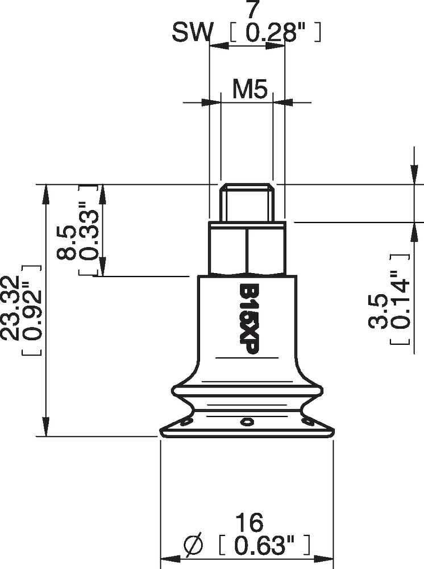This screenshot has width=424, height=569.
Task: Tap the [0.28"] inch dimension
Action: [276, 34]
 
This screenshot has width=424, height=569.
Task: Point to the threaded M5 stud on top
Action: [247, 202]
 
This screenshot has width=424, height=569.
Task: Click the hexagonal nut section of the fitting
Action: [247, 248]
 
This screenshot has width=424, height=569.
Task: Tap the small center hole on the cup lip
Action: [246, 422]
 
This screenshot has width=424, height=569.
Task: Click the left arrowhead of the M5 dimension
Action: [214, 102]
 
